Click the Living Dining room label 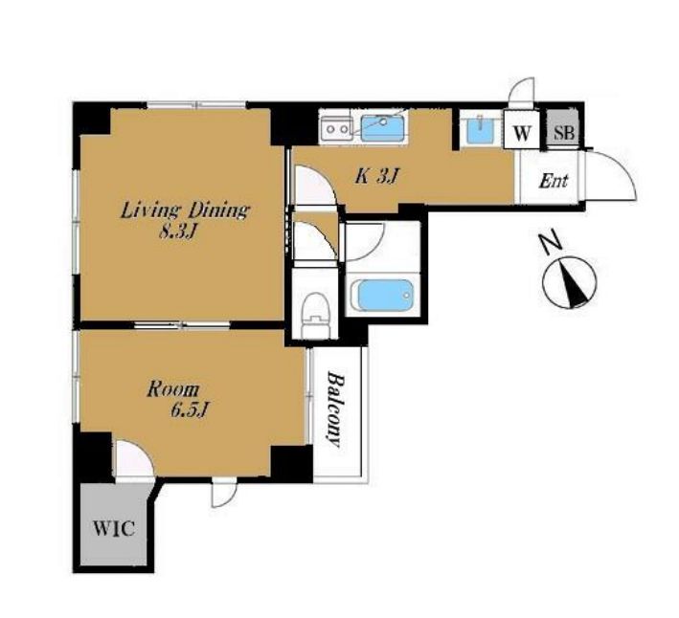185,210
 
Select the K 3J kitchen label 376,177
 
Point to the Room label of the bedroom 173,389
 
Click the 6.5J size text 191,410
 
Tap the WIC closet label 114,528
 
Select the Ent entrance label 553,181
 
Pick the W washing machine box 521,130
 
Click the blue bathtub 381,295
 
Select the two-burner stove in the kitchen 336,128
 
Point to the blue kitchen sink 383,128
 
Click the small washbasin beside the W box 482,129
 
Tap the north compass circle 570,283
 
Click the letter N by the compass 550,244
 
